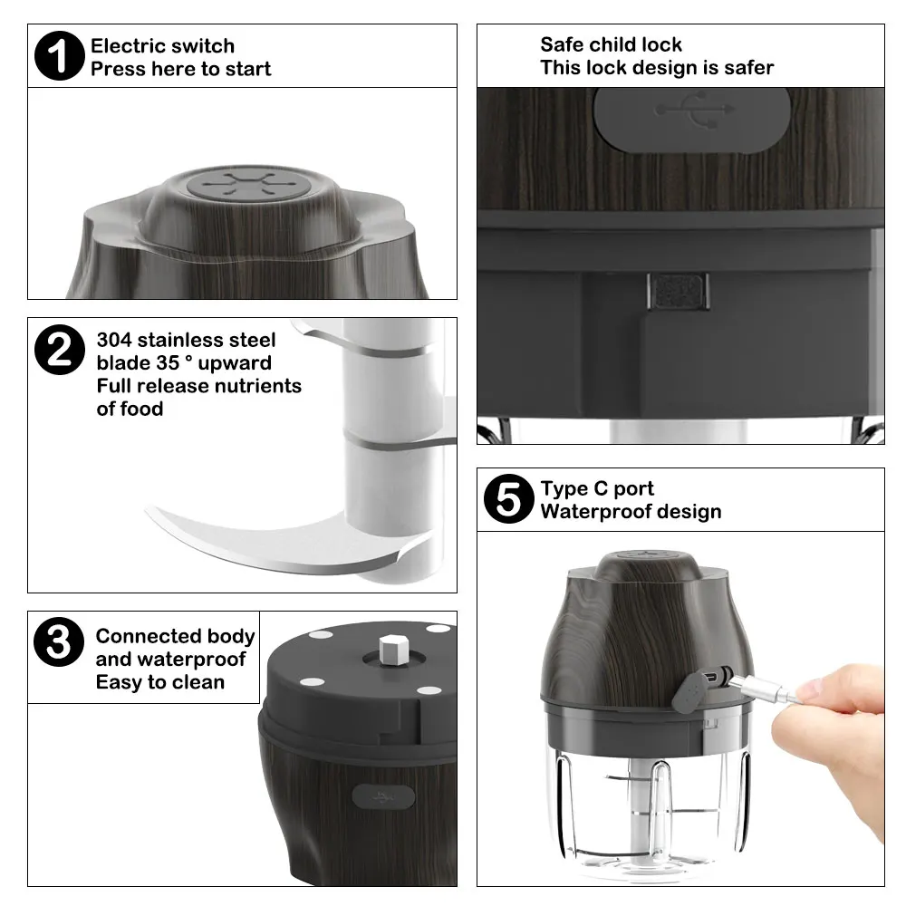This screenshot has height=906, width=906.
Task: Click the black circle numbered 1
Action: point(60,55)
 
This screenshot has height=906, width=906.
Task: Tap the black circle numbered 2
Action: point(60,350)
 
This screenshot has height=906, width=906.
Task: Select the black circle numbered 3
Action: point(59,642)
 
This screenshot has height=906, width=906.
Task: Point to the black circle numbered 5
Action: point(508,498)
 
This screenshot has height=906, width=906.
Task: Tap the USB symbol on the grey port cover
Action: point(695,109)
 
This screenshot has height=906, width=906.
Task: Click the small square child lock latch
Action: point(678,291)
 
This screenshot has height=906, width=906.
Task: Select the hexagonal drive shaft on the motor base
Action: point(394,650)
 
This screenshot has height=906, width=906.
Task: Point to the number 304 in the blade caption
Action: point(114,340)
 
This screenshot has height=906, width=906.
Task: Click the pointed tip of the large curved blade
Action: point(146,508)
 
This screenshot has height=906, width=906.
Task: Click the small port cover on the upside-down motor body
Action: point(383,797)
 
